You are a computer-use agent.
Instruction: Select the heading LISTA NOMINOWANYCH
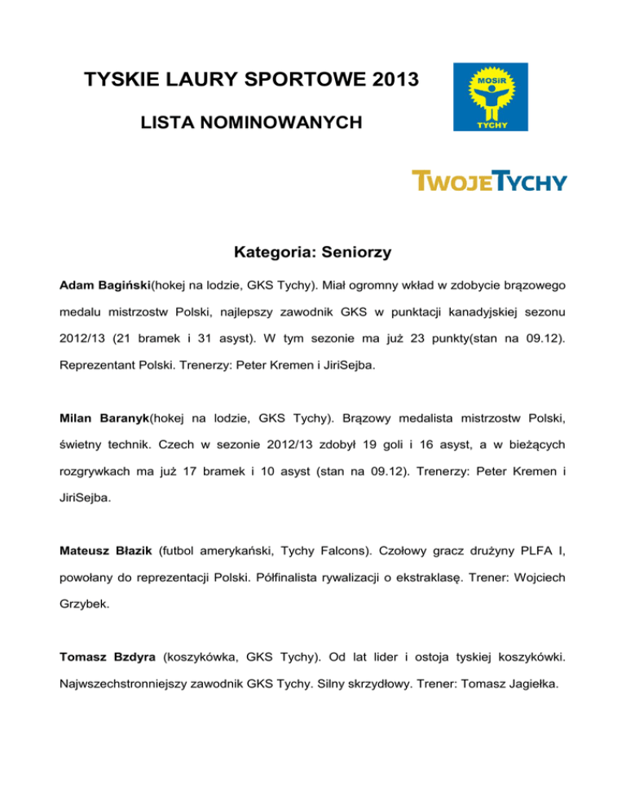pos(251,124)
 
